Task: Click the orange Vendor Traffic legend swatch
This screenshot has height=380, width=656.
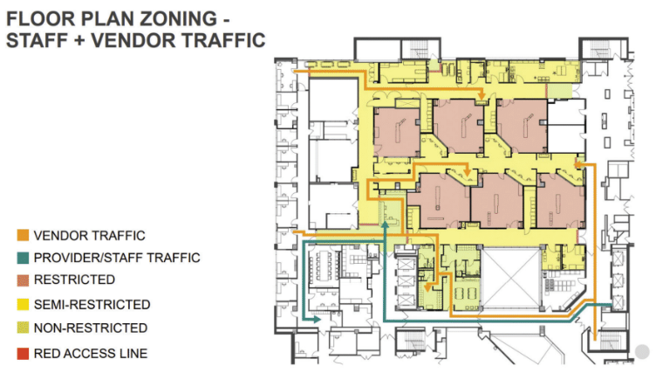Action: click(23, 235)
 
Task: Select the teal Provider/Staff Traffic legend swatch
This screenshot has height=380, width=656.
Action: click(23, 258)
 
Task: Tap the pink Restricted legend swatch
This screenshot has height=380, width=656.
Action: click(23, 280)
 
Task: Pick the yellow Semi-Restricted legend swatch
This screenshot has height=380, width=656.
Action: click(23, 305)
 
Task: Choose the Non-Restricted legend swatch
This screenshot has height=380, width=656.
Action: click(23, 328)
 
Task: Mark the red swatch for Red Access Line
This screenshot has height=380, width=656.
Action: click(23, 354)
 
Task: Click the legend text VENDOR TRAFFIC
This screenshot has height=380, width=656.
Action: click(90, 236)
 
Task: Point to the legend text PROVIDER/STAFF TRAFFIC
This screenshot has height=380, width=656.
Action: click(117, 258)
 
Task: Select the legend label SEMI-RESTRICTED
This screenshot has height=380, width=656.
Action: click(92, 305)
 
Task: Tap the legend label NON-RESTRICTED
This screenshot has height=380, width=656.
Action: click(91, 328)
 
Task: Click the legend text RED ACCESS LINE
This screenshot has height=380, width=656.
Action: click(91, 354)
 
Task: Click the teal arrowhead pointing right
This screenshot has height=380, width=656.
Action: click(317, 320)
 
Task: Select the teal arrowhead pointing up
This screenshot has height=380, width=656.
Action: click(385, 225)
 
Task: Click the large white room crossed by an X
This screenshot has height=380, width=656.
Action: click(511, 277)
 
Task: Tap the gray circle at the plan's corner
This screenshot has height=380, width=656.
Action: click(642, 351)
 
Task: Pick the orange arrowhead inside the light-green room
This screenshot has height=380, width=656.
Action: click(427, 287)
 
